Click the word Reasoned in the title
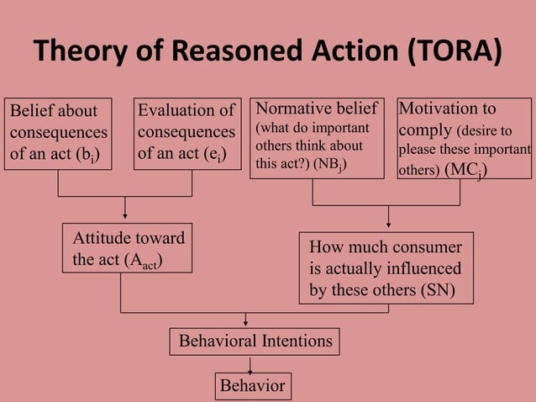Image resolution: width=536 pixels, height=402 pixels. tap(231, 53)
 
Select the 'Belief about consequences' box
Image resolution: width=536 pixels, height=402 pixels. tap(59, 134)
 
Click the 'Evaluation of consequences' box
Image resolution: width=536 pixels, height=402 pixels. tap(187, 134)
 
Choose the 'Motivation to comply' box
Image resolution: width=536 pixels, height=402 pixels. tap(464, 138)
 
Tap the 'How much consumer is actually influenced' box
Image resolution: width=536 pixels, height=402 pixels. tap(386, 269)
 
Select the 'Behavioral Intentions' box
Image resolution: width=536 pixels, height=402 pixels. tap(255, 341)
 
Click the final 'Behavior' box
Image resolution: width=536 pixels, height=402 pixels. tap(253, 386)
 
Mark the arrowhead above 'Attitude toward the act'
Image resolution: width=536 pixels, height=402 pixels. tap(124, 215)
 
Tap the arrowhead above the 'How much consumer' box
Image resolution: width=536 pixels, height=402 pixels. tap(388, 224)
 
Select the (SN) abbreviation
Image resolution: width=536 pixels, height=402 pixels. tap(436, 291)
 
